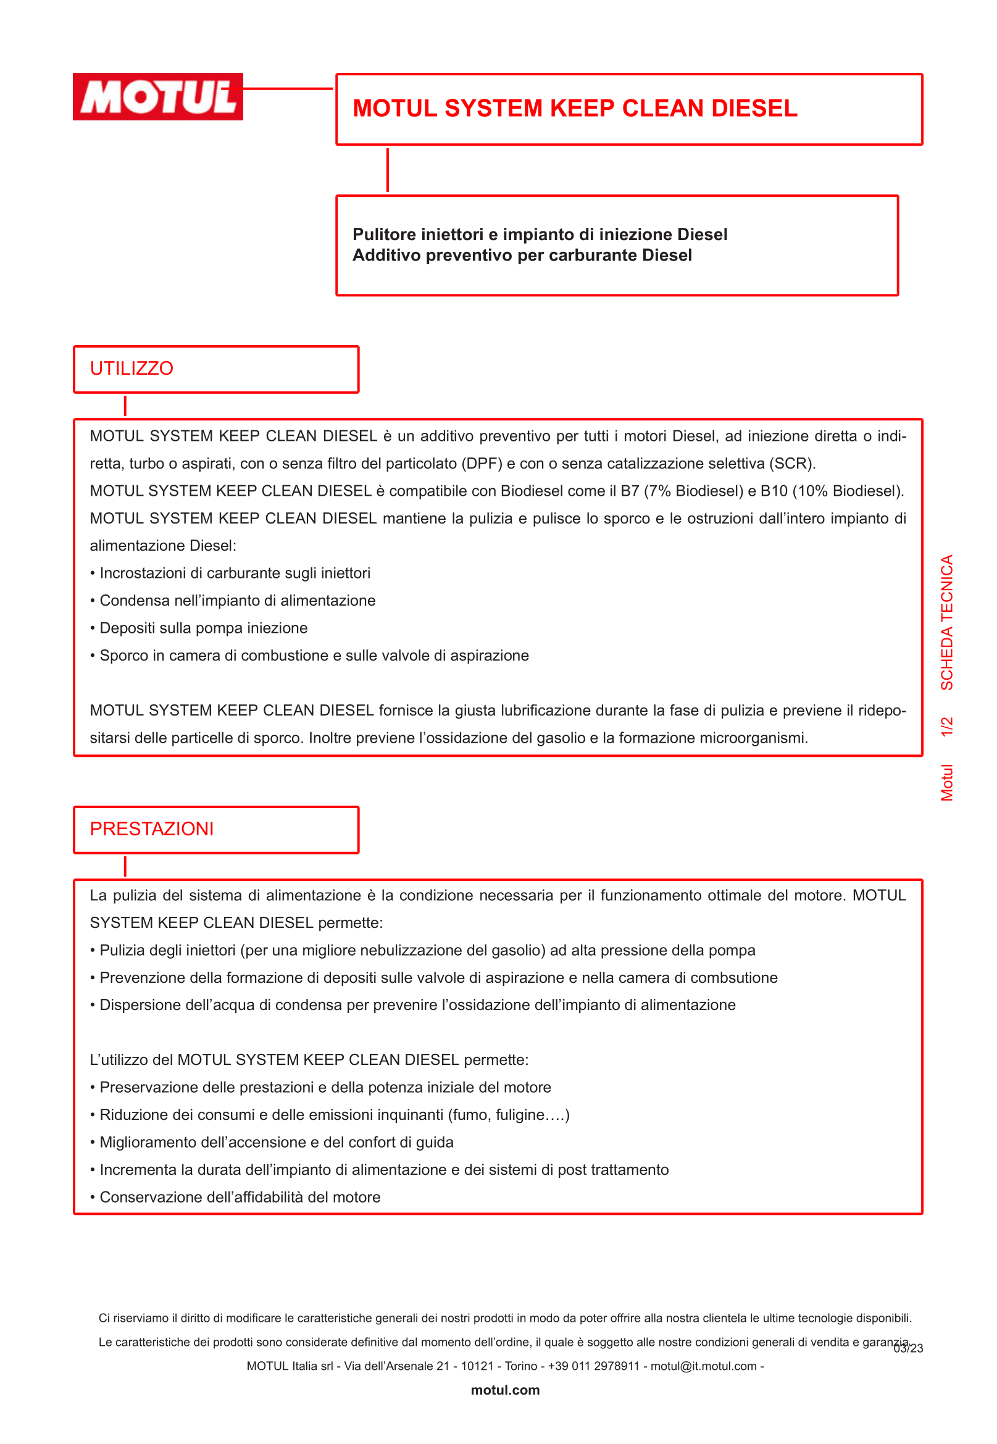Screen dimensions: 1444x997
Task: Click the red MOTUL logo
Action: pos(158,97)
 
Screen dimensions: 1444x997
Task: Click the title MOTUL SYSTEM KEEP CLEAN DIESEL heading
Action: pos(575,109)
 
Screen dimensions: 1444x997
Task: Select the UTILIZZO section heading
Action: pos(132,369)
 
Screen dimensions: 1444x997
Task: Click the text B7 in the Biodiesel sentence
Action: pos(630,491)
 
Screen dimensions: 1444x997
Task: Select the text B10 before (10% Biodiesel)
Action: pos(774,491)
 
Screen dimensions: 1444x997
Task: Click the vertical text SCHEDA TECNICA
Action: pos(947,622)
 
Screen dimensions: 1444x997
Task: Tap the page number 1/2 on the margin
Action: pos(947,727)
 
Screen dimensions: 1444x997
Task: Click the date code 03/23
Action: pos(909,1348)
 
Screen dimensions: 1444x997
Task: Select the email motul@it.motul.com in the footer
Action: pos(703,1366)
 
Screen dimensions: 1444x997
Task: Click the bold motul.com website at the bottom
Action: pos(505,1390)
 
